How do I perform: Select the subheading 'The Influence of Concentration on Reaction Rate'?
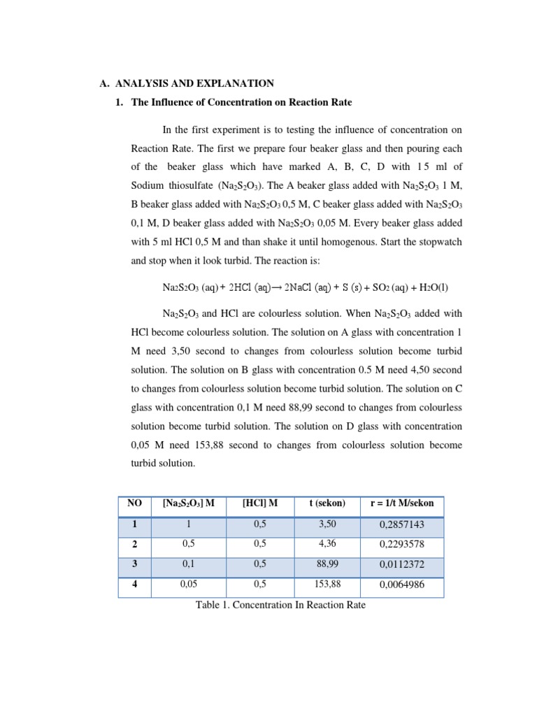[x=241, y=103]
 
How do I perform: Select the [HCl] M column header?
[x=259, y=503]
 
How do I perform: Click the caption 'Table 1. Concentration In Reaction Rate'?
[x=280, y=605]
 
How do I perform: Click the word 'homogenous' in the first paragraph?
[x=350, y=242]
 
